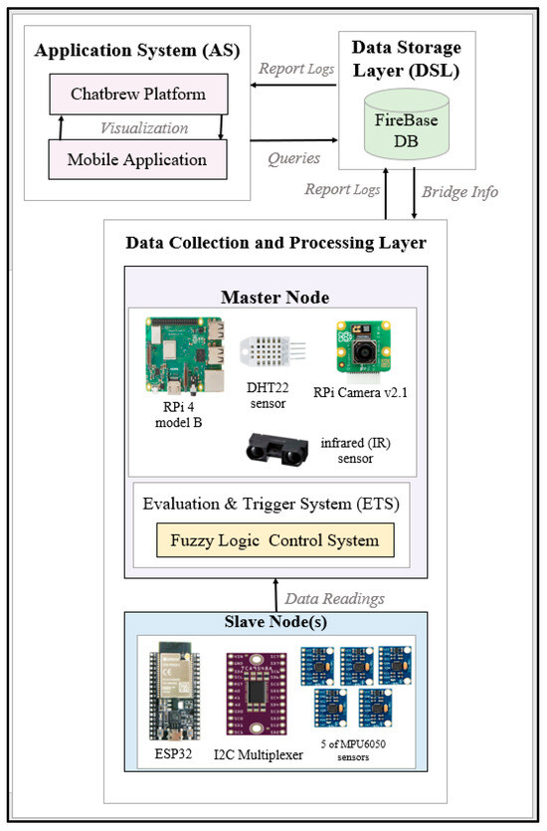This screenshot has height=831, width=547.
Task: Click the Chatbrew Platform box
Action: point(138,94)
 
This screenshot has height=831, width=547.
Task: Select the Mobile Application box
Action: point(138,159)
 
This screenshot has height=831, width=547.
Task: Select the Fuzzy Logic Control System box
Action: point(274,540)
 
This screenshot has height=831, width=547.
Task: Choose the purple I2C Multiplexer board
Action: point(259,691)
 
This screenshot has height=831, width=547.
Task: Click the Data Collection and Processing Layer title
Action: point(274,243)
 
